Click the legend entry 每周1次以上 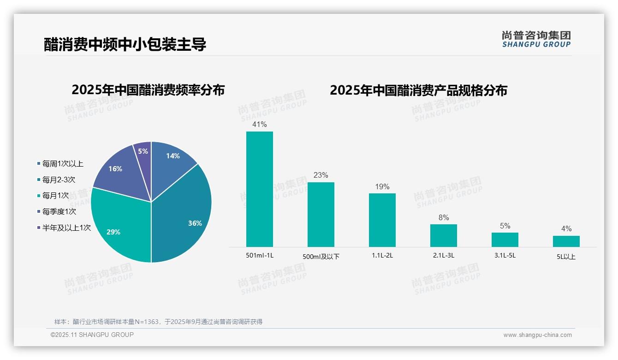click(62, 163)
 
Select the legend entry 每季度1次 click(59, 211)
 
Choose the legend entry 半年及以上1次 click(66, 228)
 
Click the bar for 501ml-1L click(259, 189)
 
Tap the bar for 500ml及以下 click(321, 215)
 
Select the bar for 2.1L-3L click(443, 235)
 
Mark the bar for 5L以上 click(566, 241)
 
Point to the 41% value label click(259, 124)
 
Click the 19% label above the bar click(382, 186)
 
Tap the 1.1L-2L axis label click(382, 255)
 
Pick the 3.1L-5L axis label click(505, 255)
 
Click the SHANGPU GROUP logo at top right click(536, 39)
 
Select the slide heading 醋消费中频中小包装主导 click(125, 44)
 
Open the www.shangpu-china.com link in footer click(537, 335)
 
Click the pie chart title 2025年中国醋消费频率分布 click(148, 90)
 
